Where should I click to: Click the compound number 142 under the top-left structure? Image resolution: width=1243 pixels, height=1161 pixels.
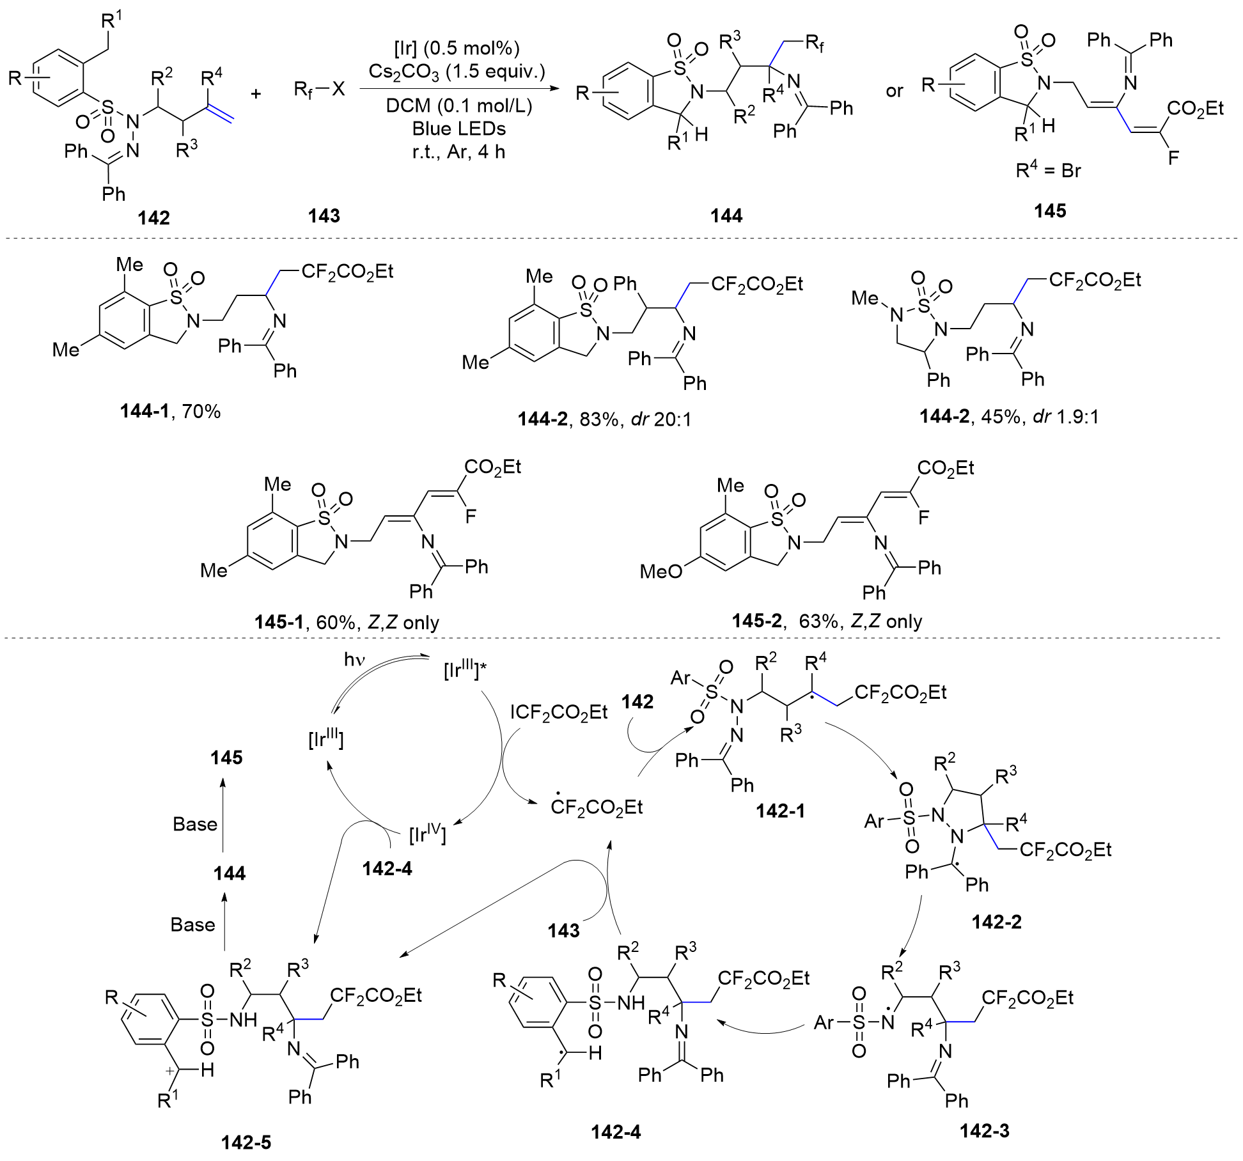153,217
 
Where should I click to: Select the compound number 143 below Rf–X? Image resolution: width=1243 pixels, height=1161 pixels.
324,215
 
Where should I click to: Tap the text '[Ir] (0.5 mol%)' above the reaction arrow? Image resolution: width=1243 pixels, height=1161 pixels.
457,48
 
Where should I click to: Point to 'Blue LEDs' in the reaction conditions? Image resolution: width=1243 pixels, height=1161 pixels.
458,129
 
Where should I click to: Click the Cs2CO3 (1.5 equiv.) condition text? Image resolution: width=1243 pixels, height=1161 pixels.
457,72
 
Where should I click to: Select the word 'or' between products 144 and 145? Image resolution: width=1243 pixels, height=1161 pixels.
895,91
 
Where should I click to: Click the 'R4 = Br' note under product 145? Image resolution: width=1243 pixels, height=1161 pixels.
1049,171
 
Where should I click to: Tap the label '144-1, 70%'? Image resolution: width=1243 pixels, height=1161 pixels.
170,411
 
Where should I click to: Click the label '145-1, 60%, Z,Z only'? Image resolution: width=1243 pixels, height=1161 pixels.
347,622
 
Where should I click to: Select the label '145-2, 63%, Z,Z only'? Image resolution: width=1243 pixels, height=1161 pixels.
827,621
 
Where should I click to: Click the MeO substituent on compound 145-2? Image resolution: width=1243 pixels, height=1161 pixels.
661,572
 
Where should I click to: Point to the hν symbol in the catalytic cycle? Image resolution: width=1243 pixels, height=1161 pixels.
354,660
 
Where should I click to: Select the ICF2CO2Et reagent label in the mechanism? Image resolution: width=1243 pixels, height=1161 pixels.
558,712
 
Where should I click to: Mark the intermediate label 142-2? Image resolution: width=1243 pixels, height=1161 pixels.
996,921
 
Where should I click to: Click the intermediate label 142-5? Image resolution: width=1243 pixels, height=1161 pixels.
246,1142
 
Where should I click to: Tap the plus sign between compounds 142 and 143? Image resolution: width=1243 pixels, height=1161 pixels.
256,94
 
